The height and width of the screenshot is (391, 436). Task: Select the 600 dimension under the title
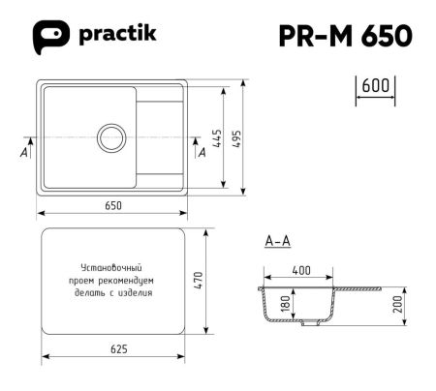(374, 85)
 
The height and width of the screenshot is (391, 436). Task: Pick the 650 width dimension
(114, 205)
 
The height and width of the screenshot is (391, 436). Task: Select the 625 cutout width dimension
(114, 349)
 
